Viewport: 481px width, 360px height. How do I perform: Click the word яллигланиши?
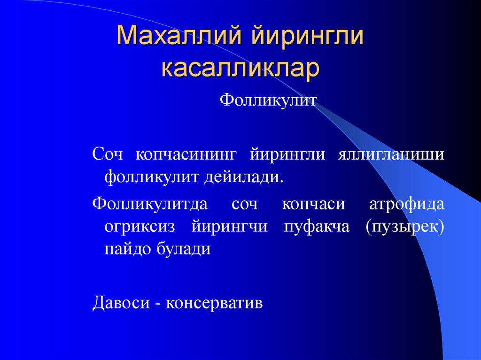tap(390, 155)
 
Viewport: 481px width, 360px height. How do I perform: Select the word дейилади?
tap(244, 177)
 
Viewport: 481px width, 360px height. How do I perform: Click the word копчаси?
tap(313, 204)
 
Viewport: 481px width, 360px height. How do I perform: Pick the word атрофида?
tap(406, 204)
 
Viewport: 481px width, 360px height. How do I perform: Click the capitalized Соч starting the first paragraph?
tap(107, 155)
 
